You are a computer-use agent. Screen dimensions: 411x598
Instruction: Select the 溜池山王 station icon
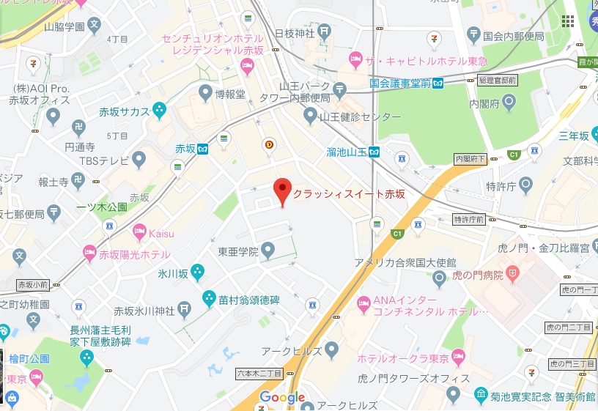(374, 152)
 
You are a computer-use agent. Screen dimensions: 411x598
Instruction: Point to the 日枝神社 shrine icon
(326, 32)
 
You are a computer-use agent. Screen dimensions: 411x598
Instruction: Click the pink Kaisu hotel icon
(139, 232)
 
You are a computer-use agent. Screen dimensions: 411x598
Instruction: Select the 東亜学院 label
(238, 251)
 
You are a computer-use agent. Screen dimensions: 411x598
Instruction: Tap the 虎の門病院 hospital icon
(512, 275)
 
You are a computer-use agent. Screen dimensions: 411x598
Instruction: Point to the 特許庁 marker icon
(525, 186)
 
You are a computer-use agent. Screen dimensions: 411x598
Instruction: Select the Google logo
(282, 398)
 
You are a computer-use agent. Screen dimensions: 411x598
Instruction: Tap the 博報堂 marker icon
(206, 93)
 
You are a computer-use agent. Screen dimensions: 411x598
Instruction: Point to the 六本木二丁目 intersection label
(260, 374)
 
